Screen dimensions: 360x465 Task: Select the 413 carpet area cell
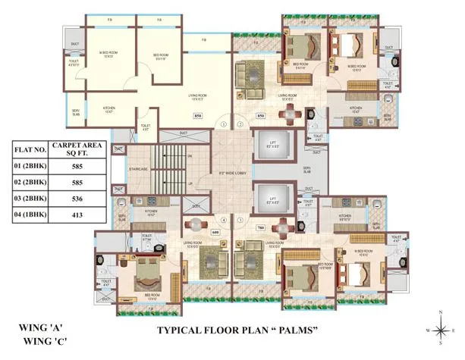pos(81,217)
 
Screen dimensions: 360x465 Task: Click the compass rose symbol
pos(441,329)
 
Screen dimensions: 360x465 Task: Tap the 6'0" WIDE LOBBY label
pos(232,173)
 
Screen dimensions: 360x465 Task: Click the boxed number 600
pos(215,232)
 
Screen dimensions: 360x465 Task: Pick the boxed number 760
pos(260,227)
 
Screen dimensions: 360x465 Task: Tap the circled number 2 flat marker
pos(240,124)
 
